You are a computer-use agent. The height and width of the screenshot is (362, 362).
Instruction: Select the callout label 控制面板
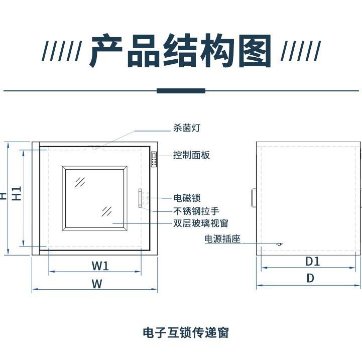191,155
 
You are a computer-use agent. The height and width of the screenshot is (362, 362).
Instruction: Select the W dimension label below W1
97,284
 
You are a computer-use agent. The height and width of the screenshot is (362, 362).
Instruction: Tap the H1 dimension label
17,193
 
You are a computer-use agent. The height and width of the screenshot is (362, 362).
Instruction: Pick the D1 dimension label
313,262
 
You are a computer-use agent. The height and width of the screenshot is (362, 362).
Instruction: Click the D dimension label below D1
311,278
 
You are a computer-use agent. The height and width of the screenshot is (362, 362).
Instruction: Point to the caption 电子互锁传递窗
186,332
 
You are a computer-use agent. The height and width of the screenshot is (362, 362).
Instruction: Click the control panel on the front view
154,160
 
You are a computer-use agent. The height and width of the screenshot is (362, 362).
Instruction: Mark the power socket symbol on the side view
279,244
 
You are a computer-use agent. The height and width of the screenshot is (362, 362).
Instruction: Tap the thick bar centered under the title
181,91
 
